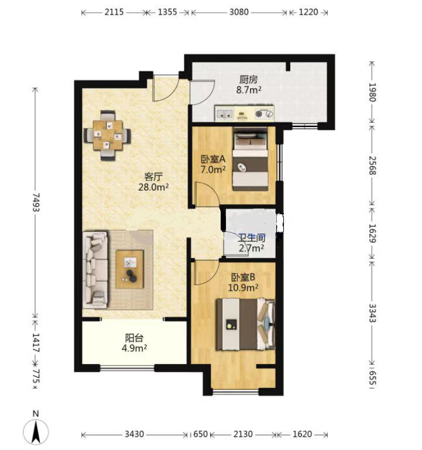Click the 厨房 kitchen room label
(x=249, y=80)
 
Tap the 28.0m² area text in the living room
(x=153, y=187)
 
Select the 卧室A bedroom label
(x=212, y=159)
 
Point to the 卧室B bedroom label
(x=243, y=277)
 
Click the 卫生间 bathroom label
(x=252, y=238)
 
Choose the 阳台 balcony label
(x=134, y=338)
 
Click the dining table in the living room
(x=107, y=135)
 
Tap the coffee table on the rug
(x=129, y=269)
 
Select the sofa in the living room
(x=95, y=270)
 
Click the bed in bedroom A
(x=250, y=159)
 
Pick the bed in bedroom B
(x=245, y=324)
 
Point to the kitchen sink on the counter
(x=225, y=114)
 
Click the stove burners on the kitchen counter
(x=263, y=114)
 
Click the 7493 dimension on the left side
(x=36, y=202)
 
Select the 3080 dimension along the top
(x=239, y=12)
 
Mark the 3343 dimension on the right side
(x=372, y=313)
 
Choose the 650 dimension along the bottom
(x=200, y=434)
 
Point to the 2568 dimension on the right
(x=372, y=165)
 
